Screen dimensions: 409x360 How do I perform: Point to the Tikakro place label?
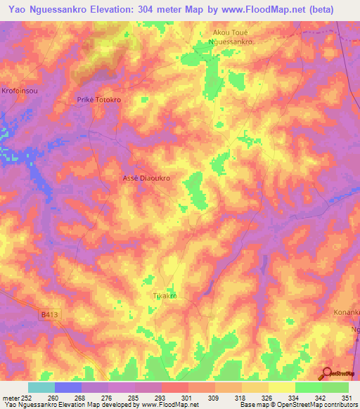165,296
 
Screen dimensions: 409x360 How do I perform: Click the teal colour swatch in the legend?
41,387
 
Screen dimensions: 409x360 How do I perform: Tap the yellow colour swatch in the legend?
282,387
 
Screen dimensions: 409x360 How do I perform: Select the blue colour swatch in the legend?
68,387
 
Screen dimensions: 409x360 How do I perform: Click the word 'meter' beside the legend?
11,397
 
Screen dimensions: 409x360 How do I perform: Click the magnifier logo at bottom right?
327,373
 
